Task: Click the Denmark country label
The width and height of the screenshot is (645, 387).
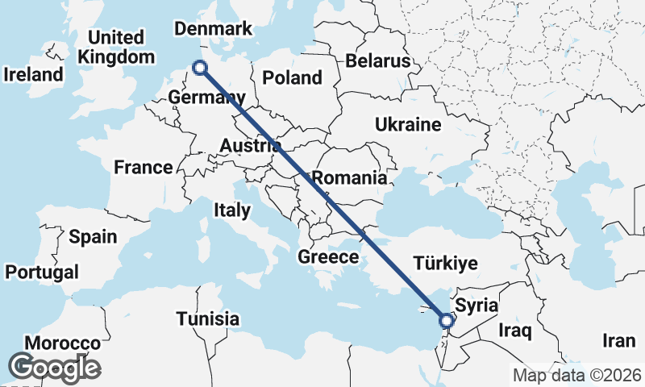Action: (214, 29)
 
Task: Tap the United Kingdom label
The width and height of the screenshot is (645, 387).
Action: (116, 48)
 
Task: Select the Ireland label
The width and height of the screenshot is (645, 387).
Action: (33, 74)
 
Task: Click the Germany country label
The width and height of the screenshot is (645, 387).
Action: (206, 98)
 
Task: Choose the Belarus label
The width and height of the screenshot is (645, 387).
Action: (377, 61)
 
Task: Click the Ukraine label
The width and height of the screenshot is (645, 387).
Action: (407, 124)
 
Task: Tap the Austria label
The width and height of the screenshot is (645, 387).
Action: (251, 146)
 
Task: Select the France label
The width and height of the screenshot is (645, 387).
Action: (143, 168)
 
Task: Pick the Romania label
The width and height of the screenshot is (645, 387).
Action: (349, 177)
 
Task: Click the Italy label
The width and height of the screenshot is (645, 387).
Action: (231, 210)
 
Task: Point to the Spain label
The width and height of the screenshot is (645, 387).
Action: (93, 237)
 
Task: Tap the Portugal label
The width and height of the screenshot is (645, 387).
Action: (41, 272)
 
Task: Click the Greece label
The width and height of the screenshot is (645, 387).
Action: (328, 257)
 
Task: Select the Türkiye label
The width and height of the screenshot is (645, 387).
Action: (445, 263)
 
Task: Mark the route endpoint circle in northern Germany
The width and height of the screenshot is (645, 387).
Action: (200, 69)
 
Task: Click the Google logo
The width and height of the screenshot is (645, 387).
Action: (54, 367)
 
